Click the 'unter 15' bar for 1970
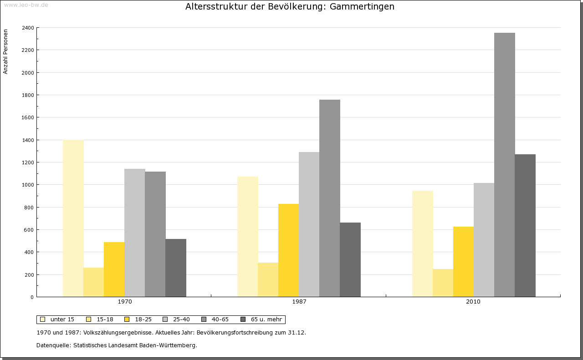point(73,218)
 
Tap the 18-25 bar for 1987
point(288,250)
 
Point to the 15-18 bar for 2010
point(443,283)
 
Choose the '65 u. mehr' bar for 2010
point(525,225)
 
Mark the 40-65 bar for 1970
point(155,234)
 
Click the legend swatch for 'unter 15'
point(42,319)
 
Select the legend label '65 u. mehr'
point(266,319)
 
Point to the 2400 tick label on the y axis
point(27,28)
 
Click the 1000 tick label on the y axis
point(27,185)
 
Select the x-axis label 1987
point(299,302)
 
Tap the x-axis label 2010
point(473,302)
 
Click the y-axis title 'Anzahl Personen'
point(6,52)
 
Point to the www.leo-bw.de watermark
point(26,5)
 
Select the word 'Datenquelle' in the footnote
point(53,345)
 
